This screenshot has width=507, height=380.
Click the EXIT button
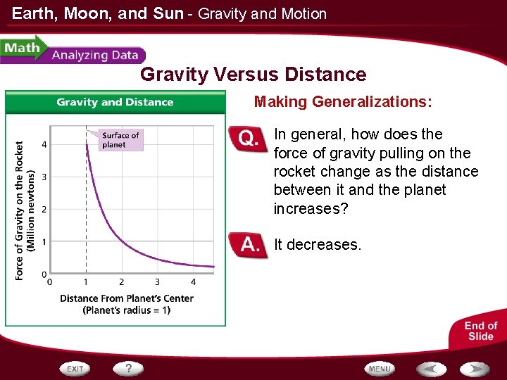click(75, 369)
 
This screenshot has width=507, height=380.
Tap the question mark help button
click(129, 368)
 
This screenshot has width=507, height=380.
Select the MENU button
click(380, 369)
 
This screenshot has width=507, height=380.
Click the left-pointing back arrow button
click(431, 369)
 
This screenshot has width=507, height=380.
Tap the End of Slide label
click(481, 331)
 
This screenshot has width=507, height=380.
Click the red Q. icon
click(249, 139)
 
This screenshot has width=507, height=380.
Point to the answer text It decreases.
click(317, 245)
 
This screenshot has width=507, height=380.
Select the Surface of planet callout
click(120, 140)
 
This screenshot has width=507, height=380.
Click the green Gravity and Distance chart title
click(115, 102)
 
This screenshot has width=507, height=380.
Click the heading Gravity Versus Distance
click(254, 75)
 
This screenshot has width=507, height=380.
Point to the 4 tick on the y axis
click(44, 145)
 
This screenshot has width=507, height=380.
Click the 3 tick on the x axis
click(157, 282)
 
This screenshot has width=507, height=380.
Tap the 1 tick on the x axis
click(85, 282)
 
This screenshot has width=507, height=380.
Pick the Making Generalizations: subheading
click(343, 102)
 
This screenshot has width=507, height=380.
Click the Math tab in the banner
click(22, 49)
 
